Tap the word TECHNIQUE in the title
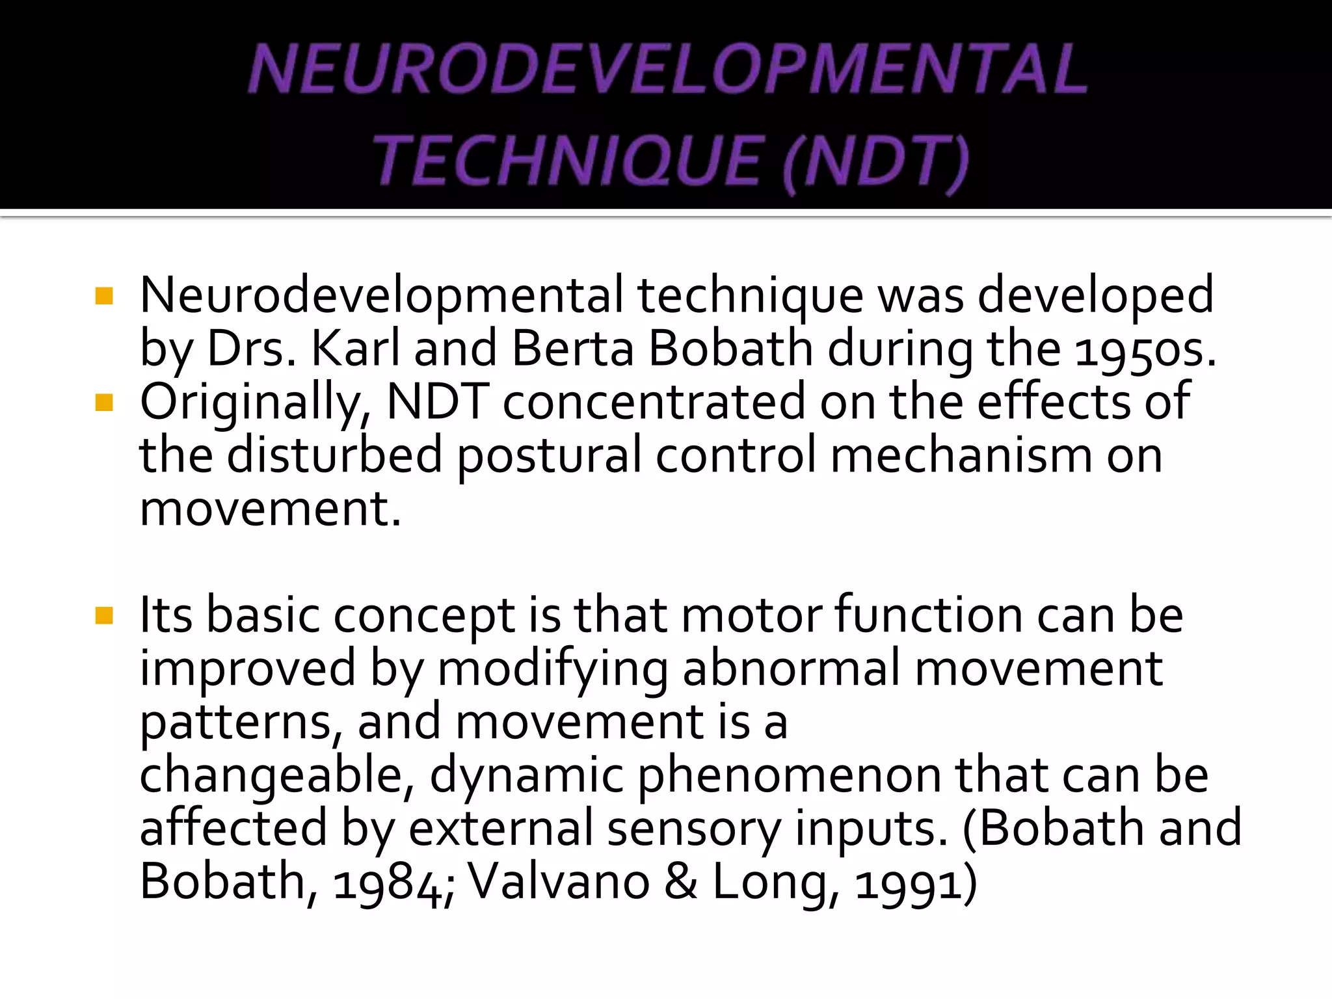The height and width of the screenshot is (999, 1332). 566,161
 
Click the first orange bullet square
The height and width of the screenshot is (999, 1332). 104,297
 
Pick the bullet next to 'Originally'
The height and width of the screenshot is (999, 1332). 104,403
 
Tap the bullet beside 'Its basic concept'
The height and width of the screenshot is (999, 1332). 104,615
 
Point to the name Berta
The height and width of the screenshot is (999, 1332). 572,349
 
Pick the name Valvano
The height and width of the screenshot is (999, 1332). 559,882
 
